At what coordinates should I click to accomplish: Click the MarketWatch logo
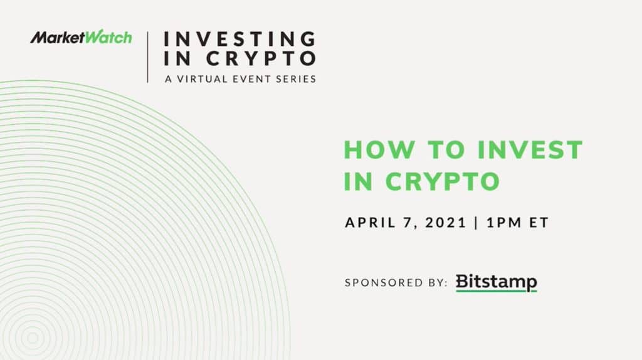pyautogui.click(x=81, y=37)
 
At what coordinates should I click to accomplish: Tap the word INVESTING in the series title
pyautogui.click(x=239, y=39)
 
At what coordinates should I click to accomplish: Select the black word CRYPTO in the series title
pyautogui.click(x=261, y=58)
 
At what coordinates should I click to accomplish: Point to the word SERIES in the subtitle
pyautogui.click(x=296, y=79)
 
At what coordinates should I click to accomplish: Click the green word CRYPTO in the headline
pyautogui.click(x=443, y=181)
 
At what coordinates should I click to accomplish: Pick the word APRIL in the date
pyautogui.click(x=371, y=223)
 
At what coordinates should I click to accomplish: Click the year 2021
pyautogui.click(x=446, y=223)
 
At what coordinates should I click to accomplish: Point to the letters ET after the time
pyautogui.click(x=539, y=223)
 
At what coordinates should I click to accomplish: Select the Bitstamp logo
pyautogui.click(x=497, y=283)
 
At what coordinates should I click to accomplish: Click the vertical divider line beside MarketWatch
pyautogui.click(x=148, y=57)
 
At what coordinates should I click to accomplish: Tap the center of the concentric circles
pyautogui.click(x=33, y=338)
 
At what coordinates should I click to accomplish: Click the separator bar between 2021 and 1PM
pyautogui.click(x=476, y=223)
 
